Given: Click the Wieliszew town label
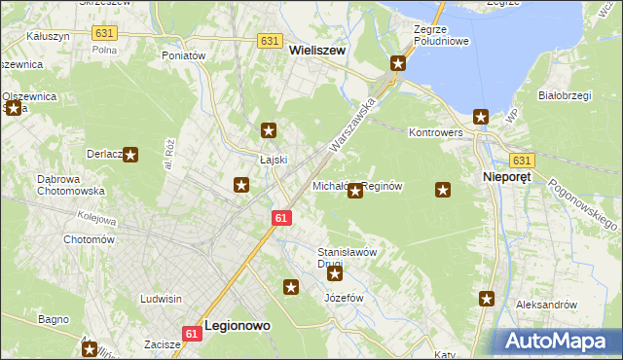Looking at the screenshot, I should pos(317,57).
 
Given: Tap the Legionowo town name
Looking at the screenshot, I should pos(238,327).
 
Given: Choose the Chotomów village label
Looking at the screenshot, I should pos(90,239).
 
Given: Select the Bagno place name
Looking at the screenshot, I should pos(53,319).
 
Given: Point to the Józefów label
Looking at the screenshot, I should pos(344,297).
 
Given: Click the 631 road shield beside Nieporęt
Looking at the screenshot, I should pos(523,161).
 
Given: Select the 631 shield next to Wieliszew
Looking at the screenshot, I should pos(271,41).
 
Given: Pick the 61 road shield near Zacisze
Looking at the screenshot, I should pos(192,334).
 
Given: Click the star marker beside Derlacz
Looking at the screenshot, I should pos(130,154).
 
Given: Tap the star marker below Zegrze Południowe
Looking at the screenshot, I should pos(398,64).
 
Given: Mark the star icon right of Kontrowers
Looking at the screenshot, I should pos(481,117).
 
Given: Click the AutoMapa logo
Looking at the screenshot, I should pos(558,341).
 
